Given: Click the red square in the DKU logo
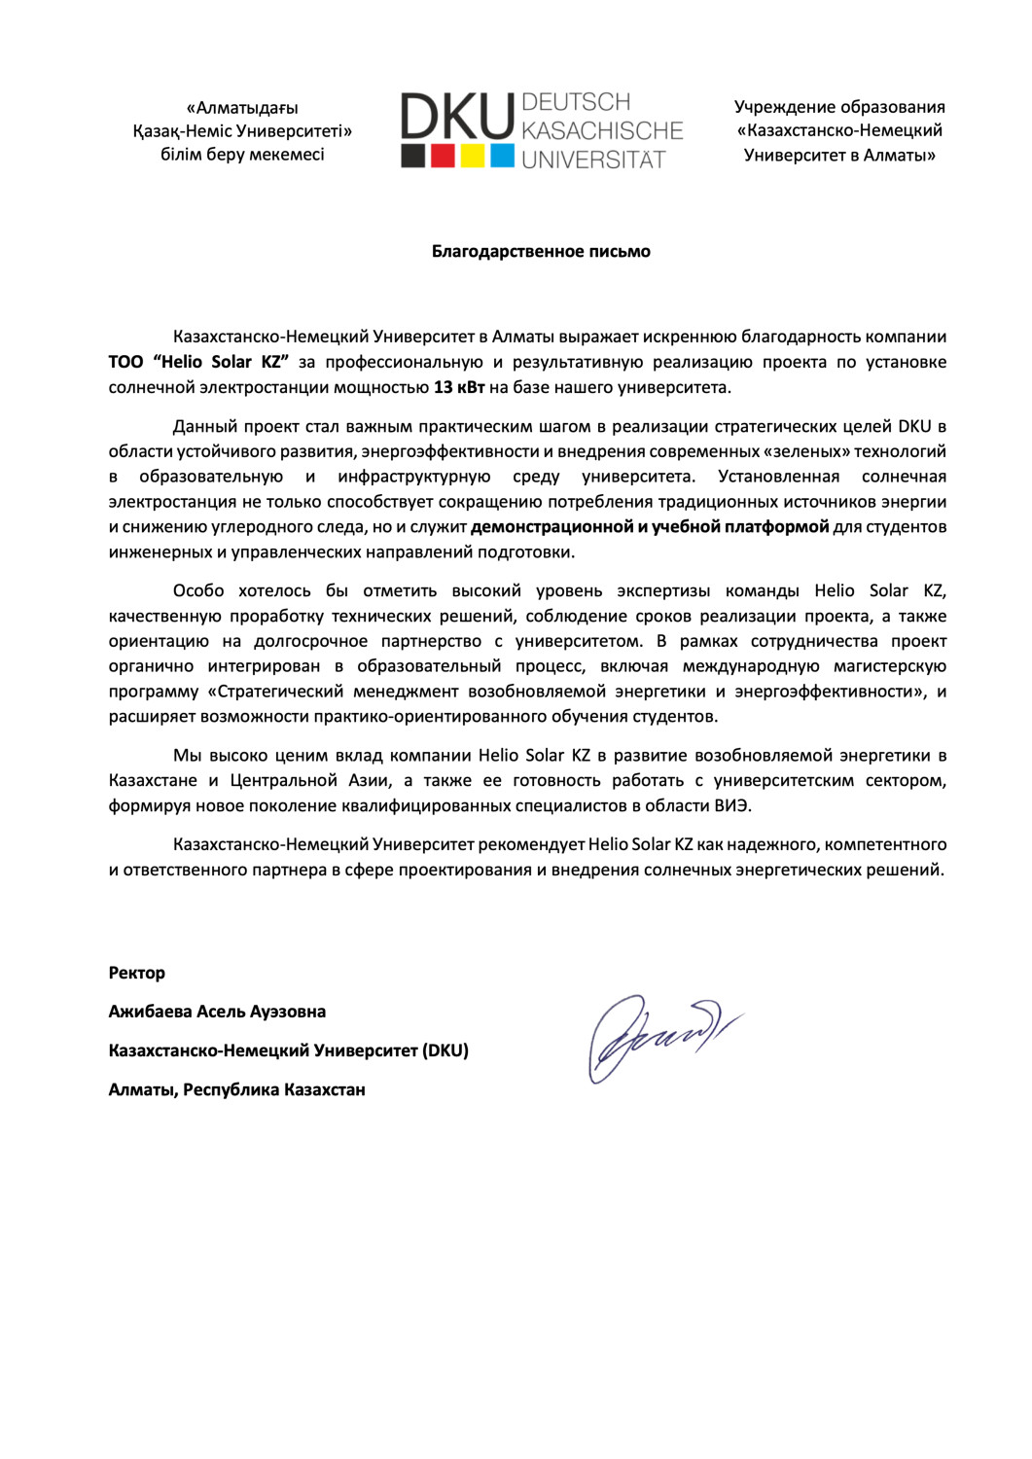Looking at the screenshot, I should pos(443,156).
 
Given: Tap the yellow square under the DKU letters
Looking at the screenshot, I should pos(473,156).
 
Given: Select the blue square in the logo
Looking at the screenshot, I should pos(502,156).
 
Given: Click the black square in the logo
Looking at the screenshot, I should pos(413,156).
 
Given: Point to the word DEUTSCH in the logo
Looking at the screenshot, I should pos(576,102).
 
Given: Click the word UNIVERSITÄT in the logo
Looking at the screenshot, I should pos(593,160).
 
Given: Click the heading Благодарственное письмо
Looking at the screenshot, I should pos(541,251).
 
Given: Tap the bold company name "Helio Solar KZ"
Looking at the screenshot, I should pos(221,362).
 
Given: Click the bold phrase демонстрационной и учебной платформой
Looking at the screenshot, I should pos(650,527).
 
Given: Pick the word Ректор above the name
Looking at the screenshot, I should pos(137,973).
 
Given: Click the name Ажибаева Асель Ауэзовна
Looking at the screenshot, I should pos(217,1012).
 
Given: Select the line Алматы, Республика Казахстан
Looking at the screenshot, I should pos(236,1089).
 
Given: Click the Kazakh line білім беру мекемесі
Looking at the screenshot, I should pos(242,155).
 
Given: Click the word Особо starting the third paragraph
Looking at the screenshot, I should pos(198,590).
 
